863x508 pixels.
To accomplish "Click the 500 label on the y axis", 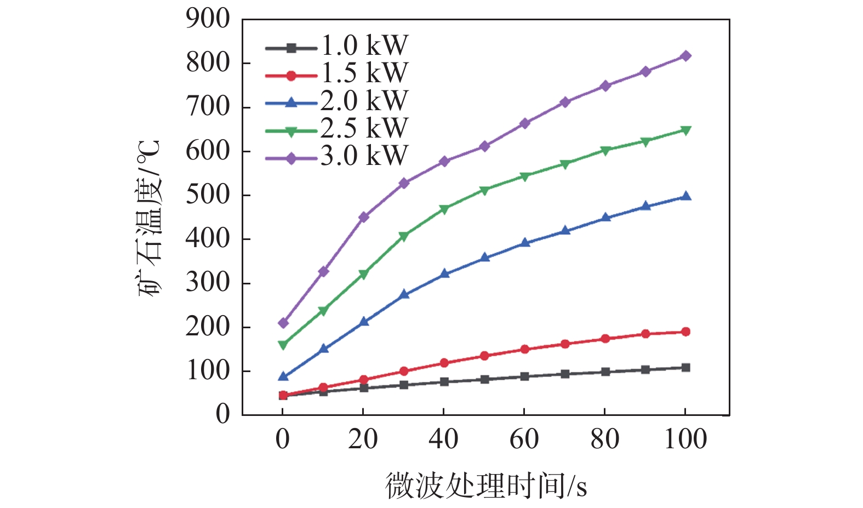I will (208, 196).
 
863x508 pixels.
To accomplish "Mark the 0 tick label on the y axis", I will (222, 415).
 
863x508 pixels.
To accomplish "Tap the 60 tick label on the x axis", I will (524, 439).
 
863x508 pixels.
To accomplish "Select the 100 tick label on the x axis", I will (685, 439).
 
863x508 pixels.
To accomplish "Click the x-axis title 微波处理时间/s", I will (486, 486).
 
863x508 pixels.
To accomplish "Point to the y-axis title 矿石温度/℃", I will (149, 218).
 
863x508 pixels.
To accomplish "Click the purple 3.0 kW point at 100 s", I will (685, 56).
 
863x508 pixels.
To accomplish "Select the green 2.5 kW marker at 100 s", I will (685, 130).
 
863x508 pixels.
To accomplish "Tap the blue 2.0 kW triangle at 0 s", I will (283, 376).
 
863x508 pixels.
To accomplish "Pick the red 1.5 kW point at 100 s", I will (685, 332).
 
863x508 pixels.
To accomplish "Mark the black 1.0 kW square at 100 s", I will (685, 367).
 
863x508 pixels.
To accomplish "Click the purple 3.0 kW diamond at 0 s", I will (283, 323).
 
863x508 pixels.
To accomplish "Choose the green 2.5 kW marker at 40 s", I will (444, 209).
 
